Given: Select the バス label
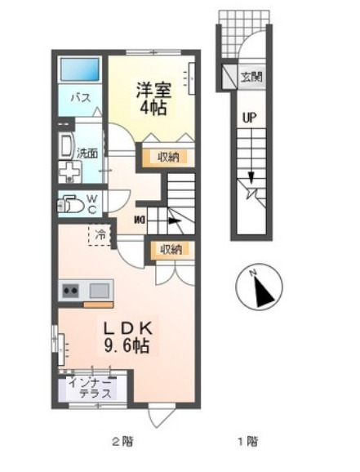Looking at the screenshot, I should click(x=78, y=97).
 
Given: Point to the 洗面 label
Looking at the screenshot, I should click(x=87, y=153).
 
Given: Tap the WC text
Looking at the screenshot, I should click(x=92, y=203).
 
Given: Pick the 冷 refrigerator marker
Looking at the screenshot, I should click(x=99, y=234).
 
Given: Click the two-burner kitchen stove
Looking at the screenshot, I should click(x=69, y=290).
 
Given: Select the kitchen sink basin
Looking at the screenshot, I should click(x=100, y=290).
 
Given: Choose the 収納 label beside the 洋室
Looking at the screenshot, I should click(x=170, y=157).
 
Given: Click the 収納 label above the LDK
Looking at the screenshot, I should click(x=170, y=250).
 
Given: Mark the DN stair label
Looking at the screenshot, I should click(x=140, y=218).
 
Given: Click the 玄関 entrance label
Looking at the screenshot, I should click(x=249, y=78).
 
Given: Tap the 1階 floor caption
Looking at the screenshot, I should click(x=247, y=443).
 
